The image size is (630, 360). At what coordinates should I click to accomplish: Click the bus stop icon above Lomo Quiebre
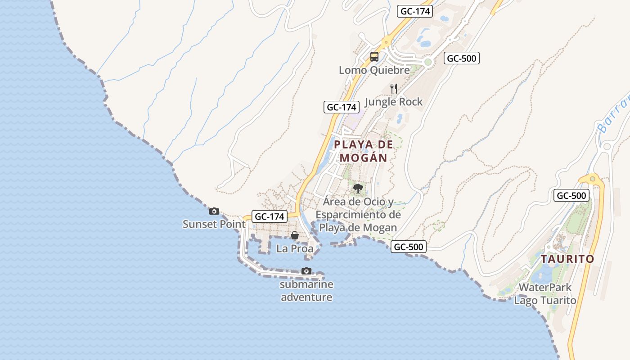click(x=374, y=57)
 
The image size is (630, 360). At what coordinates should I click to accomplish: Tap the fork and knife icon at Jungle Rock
click(x=394, y=88)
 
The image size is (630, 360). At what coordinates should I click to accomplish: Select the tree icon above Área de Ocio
click(x=358, y=188)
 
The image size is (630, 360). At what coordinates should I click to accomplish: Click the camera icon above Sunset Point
click(x=214, y=211)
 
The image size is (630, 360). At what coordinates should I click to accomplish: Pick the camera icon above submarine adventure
click(x=306, y=271)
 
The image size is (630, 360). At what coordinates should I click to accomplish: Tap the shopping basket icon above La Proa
click(x=294, y=235)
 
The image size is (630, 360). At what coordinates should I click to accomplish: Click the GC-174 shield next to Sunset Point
click(x=270, y=216)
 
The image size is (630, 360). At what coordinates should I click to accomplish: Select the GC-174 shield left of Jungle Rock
click(x=342, y=107)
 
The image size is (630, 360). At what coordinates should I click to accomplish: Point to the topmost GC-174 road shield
click(x=414, y=11)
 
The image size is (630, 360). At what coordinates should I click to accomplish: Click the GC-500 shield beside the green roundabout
click(x=462, y=58)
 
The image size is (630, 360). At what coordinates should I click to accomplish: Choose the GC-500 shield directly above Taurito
click(x=571, y=195)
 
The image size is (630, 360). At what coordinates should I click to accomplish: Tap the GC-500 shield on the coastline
click(x=408, y=247)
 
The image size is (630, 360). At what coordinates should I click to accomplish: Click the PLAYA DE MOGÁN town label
click(x=364, y=151)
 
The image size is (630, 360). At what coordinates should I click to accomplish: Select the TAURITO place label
click(x=567, y=259)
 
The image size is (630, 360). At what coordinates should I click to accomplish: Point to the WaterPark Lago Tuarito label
click(x=545, y=294)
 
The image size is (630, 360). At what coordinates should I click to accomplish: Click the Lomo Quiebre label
click(x=374, y=70)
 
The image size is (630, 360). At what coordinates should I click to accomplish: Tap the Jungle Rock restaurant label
click(x=394, y=102)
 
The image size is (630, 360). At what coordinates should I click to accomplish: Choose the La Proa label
click(x=295, y=248)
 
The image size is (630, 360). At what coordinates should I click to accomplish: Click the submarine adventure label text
click(x=306, y=291)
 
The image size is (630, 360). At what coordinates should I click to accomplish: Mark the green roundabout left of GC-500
click(x=428, y=62)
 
